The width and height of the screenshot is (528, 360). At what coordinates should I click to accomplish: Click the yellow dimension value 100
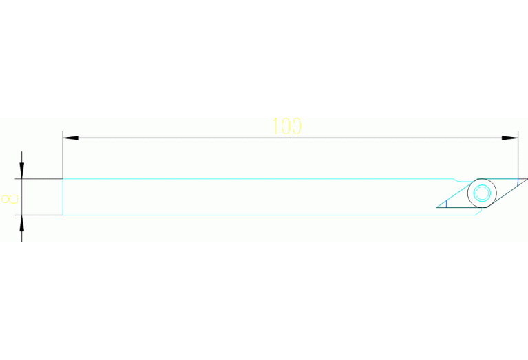point(286,126)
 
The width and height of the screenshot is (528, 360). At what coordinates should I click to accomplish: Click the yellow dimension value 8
point(10,199)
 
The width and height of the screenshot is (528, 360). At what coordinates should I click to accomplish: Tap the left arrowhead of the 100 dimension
point(71,138)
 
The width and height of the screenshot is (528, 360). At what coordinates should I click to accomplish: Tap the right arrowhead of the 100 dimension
point(510,138)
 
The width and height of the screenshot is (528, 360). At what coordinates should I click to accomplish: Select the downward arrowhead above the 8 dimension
point(22,171)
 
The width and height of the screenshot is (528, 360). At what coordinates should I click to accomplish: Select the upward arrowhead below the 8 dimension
point(22,223)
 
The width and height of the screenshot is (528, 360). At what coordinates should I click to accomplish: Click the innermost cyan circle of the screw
point(482,193)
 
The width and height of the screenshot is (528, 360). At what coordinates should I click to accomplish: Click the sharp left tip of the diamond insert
point(436,207)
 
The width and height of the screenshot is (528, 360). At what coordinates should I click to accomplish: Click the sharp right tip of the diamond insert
point(527,179)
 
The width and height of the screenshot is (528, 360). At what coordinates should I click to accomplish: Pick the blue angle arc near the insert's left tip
point(446,204)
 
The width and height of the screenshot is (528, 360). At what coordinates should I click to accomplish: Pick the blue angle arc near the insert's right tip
point(518,182)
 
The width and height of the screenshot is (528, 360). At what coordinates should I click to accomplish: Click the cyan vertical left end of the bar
point(63,197)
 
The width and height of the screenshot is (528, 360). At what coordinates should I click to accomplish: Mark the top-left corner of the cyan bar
point(63,179)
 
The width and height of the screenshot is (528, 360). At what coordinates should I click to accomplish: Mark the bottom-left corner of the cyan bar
point(63,215)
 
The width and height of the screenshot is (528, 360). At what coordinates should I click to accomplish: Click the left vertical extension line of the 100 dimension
point(63,155)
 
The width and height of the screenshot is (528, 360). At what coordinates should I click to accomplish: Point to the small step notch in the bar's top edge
point(456,180)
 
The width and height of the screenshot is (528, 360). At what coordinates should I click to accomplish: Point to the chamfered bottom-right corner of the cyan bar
point(478,211)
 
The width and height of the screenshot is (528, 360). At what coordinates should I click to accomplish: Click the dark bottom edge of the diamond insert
point(461,207)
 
